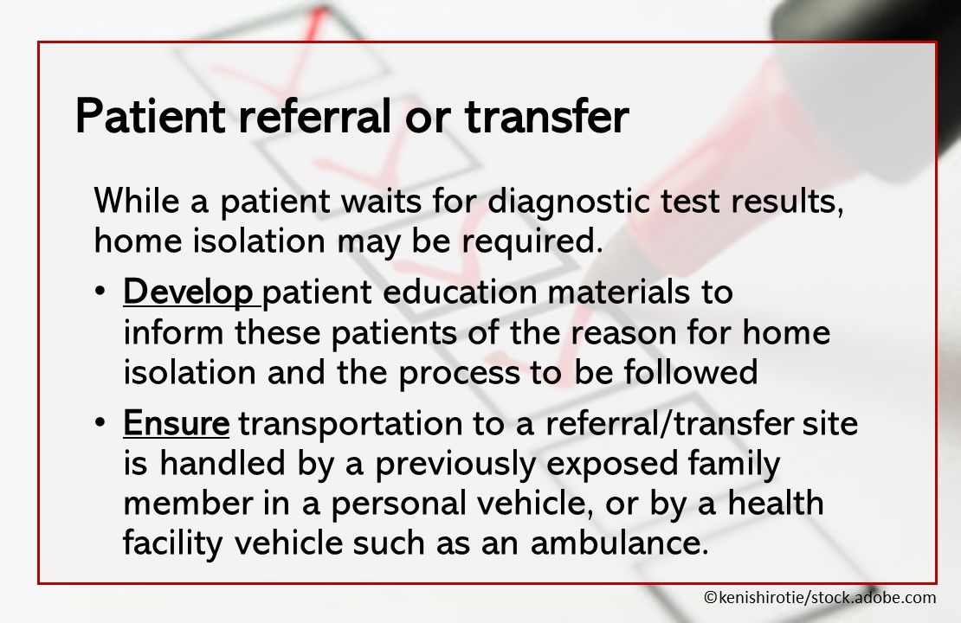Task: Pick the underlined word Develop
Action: coord(190,292)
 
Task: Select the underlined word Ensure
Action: coord(177,424)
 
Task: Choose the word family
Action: coord(736,465)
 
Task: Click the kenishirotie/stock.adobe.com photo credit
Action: coord(819,597)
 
